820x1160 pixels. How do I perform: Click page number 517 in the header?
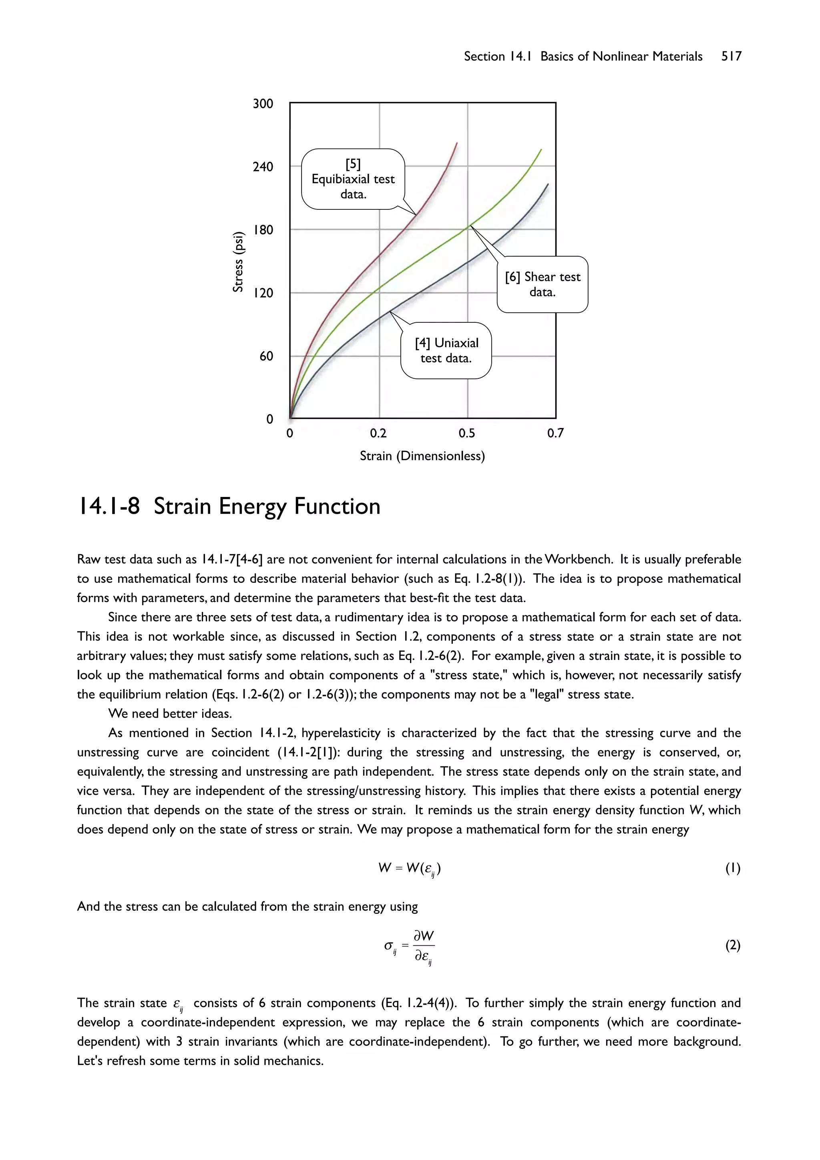pos(731,56)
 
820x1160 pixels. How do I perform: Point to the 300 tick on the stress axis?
pos(263,104)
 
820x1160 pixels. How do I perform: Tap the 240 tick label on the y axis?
pos(263,167)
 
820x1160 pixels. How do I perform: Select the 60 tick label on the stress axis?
pos(266,356)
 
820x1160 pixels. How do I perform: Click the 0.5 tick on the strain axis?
pos(467,433)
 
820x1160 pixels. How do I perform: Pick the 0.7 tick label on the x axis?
pos(555,433)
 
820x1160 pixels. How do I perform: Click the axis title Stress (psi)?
pos(238,262)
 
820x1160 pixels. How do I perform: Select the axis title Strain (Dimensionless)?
pos(422,456)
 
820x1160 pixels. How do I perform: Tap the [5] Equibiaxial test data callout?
pos(353,179)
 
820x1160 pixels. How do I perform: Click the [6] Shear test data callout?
pos(542,284)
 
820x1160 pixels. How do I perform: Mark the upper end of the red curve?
pos(457,143)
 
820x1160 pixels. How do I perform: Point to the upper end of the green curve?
pos(541,149)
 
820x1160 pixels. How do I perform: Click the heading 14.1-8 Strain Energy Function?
pos(228,506)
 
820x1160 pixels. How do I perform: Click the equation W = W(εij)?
pos(409,868)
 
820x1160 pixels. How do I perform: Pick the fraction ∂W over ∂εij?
pos(423,946)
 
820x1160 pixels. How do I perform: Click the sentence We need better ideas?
pos(170,714)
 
